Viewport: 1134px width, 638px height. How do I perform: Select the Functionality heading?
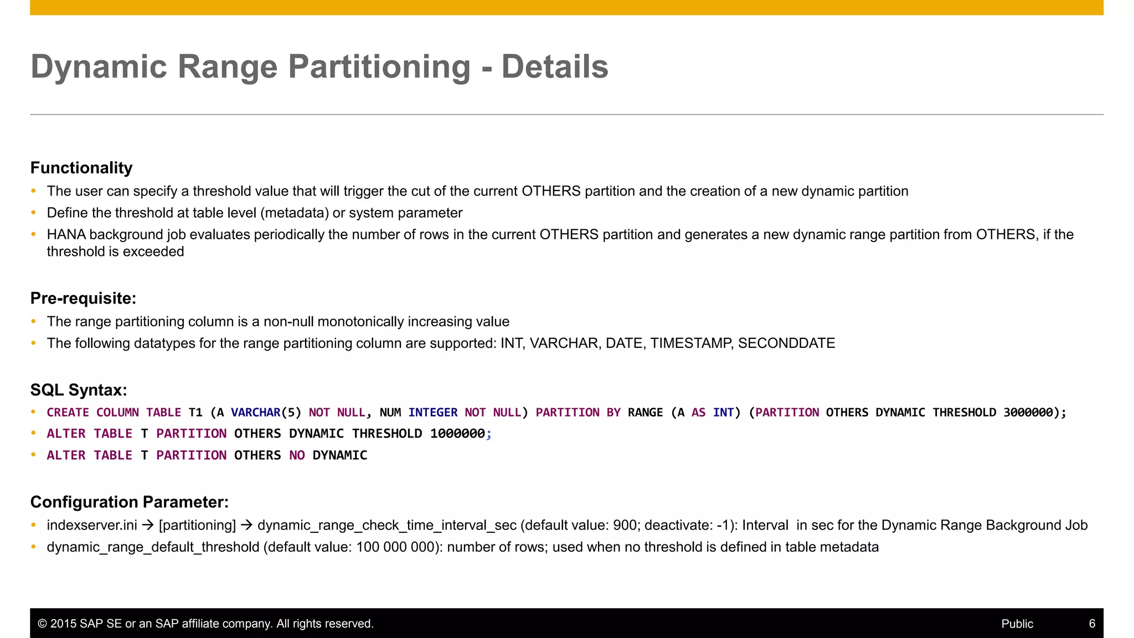(x=81, y=168)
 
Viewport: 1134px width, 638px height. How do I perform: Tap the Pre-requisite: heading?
(x=83, y=299)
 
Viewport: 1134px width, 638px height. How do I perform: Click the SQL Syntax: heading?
(x=79, y=390)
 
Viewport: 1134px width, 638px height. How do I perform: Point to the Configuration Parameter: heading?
(x=129, y=502)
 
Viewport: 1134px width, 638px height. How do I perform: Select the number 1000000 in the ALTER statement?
(x=457, y=434)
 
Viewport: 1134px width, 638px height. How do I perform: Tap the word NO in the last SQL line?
(x=297, y=455)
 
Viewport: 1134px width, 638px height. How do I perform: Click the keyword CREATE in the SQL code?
(x=68, y=413)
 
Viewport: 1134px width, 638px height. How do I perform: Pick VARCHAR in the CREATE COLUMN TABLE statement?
(x=255, y=413)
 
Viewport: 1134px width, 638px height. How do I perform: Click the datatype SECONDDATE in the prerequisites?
(x=786, y=343)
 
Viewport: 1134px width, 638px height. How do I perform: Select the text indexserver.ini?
(x=92, y=525)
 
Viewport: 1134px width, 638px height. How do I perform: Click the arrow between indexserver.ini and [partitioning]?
(x=148, y=525)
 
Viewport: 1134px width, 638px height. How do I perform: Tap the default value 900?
(x=625, y=525)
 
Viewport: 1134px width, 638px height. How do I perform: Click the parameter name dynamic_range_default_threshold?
(x=153, y=547)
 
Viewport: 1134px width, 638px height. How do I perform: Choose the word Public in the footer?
(x=1017, y=624)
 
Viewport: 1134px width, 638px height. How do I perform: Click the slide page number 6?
(x=1092, y=624)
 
